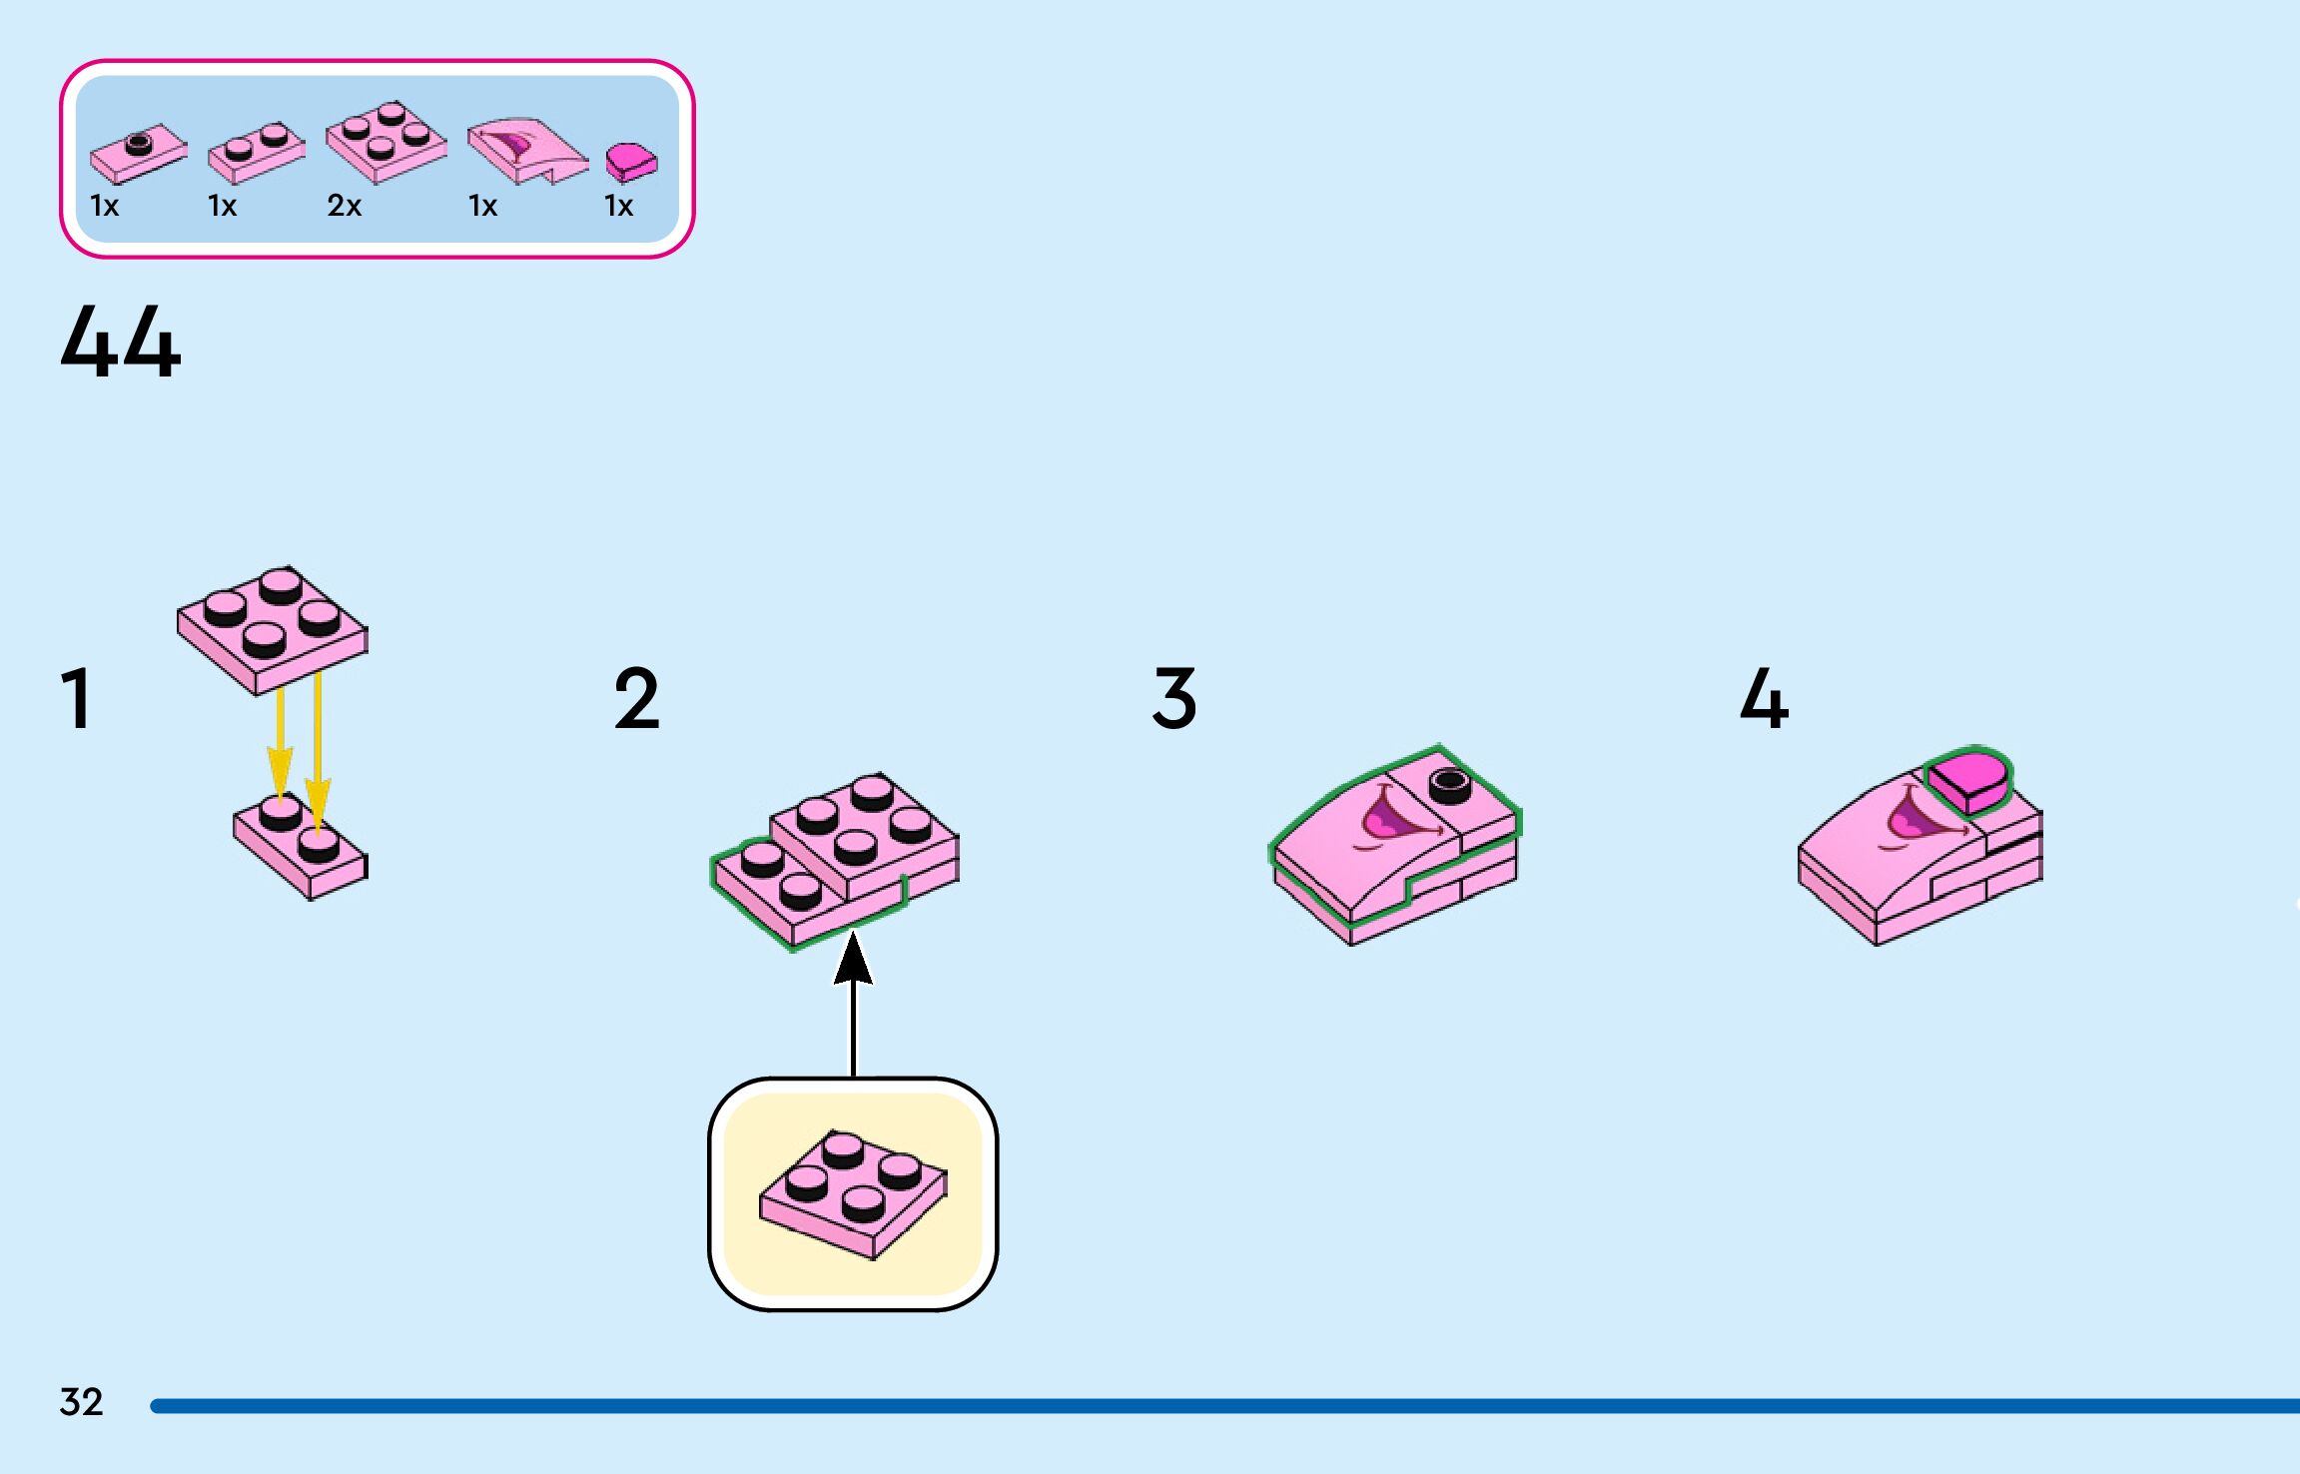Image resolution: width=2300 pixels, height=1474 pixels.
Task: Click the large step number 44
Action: coord(121,343)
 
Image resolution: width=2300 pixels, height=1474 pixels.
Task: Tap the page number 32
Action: coord(81,1402)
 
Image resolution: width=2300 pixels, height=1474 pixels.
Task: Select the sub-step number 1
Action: coord(77,699)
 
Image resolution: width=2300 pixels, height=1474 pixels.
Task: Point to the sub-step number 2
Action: coord(637,699)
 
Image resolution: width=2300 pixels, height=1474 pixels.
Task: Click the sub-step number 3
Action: coord(1174,698)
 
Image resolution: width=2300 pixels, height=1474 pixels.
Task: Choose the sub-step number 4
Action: coord(1764,698)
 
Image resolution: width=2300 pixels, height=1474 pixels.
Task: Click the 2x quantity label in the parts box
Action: coord(344,206)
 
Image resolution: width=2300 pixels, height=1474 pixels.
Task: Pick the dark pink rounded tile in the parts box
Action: coord(631,162)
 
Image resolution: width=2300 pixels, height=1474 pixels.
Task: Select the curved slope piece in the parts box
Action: coord(525,151)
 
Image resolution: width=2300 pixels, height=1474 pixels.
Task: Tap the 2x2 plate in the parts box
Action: coord(385,142)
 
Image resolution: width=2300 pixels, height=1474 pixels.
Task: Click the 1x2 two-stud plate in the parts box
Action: coord(256,153)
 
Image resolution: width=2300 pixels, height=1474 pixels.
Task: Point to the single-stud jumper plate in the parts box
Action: coord(138,155)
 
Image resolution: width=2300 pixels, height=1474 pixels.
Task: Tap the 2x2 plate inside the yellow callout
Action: coord(853,1193)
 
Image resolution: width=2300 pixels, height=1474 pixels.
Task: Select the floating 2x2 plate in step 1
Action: coord(272,628)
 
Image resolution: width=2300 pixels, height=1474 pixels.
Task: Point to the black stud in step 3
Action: coord(1450,785)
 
